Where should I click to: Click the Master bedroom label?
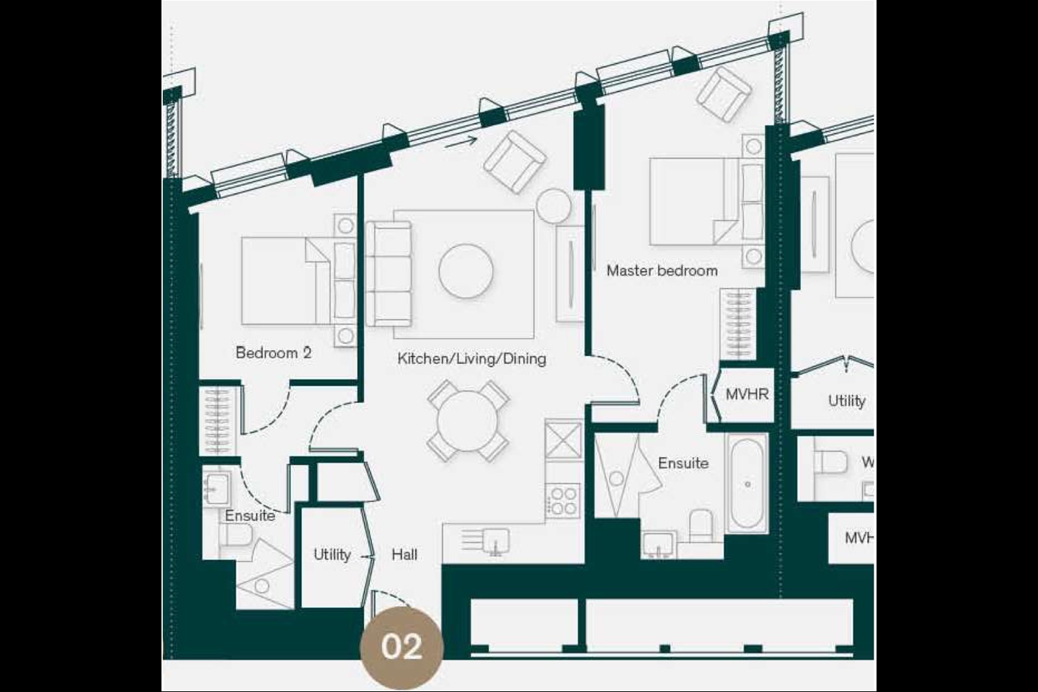pyautogui.click(x=662, y=271)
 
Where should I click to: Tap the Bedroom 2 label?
pyautogui.click(x=273, y=353)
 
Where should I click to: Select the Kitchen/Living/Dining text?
pyautogui.click(x=471, y=359)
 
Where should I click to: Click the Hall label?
pyautogui.click(x=404, y=554)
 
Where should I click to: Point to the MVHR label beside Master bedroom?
pyautogui.click(x=747, y=395)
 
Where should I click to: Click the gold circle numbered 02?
pyautogui.click(x=402, y=646)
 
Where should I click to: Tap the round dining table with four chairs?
pyautogui.click(x=468, y=421)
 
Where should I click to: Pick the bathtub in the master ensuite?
pyautogui.click(x=747, y=483)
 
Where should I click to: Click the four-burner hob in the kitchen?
pyautogui.click(x=563, y=500)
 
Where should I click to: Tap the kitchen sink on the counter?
pyautogui.click(x=494, y=539)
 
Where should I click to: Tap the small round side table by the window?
pyautogui.click(x=554, y=205)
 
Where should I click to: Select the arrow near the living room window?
pyautogui.click(x=461, y=141)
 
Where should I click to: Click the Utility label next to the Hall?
pyautogui.click(x=332, y=554)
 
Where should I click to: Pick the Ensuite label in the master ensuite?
pyautogui.click(x=683, y=463)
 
